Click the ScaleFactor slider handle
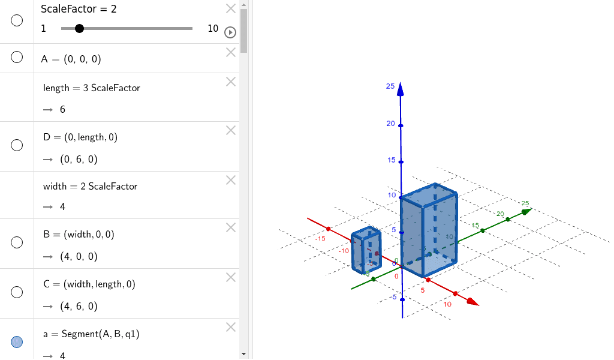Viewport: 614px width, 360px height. (79, 28)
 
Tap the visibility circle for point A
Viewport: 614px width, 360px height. (17, 57)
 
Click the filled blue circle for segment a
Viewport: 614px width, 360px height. (17, 341)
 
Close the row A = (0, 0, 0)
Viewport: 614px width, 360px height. (231, 52)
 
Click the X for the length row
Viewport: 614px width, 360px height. (231, 82)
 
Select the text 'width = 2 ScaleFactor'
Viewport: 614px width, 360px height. (90, 186)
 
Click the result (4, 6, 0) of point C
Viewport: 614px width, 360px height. (79, 306)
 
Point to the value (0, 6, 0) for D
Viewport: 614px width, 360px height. (79, 159)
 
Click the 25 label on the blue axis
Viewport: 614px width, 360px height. (390, 86)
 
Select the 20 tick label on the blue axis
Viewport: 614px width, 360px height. (390, 124)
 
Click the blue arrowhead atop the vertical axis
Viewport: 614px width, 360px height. (401, 90)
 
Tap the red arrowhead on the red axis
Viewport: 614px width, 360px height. (472, 302)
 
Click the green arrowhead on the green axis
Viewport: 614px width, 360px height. (526, 211)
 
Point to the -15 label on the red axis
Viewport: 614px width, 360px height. (320, 238)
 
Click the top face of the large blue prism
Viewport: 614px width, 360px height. (428, 194)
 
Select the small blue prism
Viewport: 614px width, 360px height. (366, 251)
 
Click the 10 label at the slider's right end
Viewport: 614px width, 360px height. (213, 28)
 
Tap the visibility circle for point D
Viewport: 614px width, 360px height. (17, 145)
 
